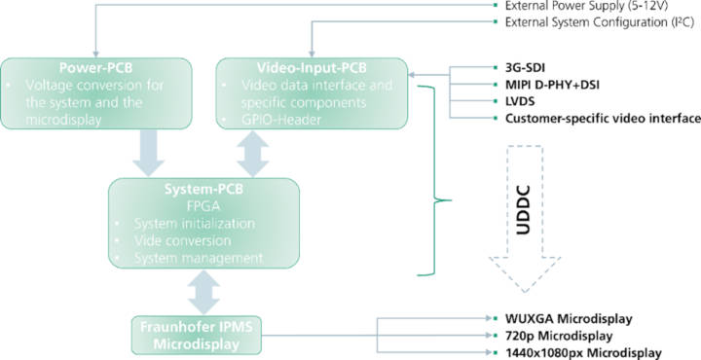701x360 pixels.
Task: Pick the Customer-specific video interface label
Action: [x=602, y=118]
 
